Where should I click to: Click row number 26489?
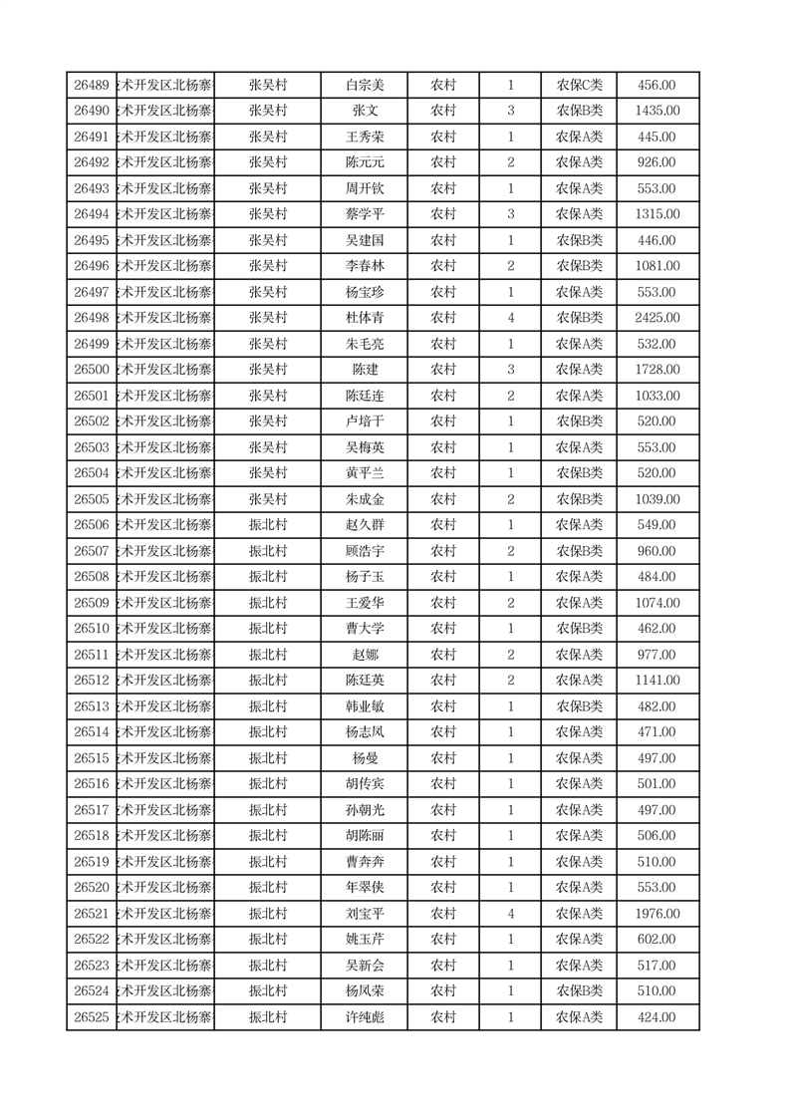[x=92, y=86]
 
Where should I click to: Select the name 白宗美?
[x=364, y=86]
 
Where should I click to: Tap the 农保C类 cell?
[x=579, y=86]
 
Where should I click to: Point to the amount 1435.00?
[x=658, y=112]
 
